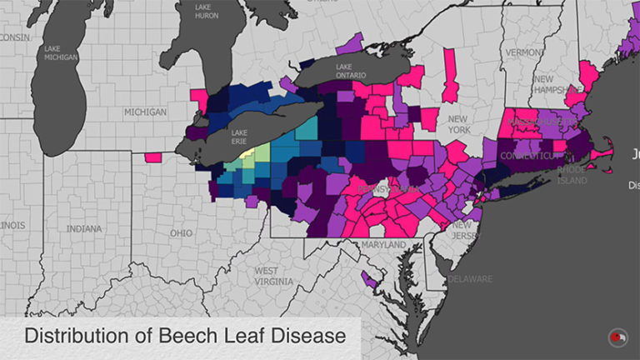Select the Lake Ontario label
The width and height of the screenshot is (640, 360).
351,71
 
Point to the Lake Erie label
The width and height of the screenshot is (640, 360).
239,137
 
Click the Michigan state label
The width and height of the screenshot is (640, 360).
146,112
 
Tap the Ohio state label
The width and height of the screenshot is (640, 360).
181,233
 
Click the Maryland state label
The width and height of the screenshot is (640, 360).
383,245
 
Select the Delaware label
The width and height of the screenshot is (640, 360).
472,278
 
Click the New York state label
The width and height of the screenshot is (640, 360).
459,125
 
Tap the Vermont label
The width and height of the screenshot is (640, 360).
525,52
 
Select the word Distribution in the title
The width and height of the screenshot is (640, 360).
73,337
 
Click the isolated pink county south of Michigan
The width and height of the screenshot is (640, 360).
152,157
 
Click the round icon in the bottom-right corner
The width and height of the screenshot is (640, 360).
617,337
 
